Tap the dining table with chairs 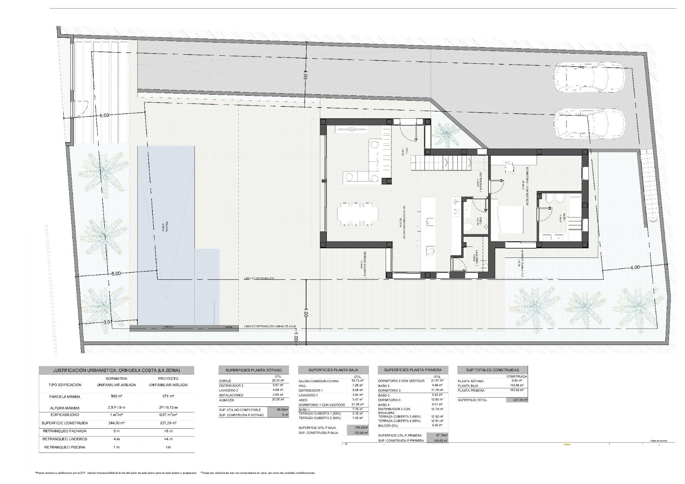coord(357,214)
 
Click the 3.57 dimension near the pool coord(108,322)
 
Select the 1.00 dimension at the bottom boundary coord(295,336)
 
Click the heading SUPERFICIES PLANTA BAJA coord(333,370)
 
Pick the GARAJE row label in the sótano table coord(225,381)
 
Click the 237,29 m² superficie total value coord(516,400)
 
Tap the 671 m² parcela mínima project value coord(168,396)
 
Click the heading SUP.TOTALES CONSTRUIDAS coord(492,370)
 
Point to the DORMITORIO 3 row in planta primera coord(389,390)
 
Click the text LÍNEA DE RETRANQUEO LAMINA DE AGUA coord(270,326)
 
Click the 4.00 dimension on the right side coord(635,267)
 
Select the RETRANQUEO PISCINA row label coord(65,447)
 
